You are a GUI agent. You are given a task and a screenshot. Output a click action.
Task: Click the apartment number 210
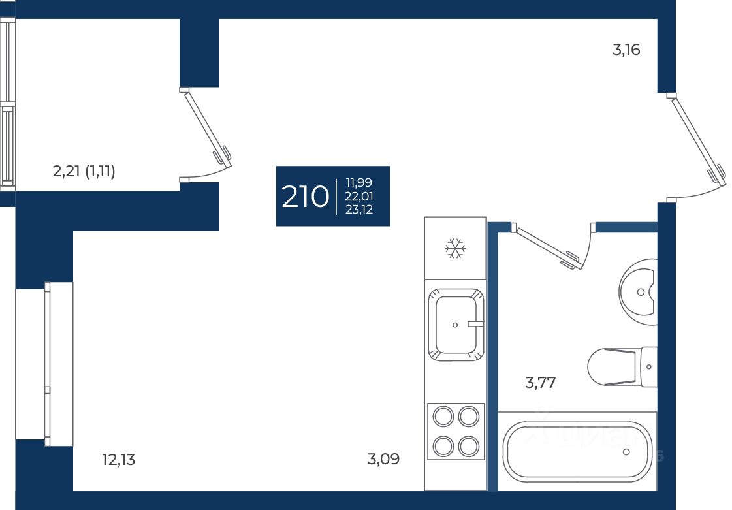(305, 197)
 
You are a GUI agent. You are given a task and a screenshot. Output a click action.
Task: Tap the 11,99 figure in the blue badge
(359, 182)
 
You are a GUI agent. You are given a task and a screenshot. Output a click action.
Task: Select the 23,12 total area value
(359, 210)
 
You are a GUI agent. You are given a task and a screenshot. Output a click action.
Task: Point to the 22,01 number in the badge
(359, 196)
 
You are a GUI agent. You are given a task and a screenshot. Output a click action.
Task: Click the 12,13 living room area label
(119, 460)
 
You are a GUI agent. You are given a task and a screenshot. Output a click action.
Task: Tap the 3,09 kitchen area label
(383, 460)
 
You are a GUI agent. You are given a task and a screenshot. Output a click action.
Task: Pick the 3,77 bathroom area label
(541, 383)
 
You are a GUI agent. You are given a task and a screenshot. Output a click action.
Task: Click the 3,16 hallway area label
(626, 50)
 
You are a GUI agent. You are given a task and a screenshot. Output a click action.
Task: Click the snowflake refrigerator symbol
(455, 249)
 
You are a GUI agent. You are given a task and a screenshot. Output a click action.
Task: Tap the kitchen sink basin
(455, 325)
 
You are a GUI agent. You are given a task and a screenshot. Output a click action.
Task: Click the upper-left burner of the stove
(443, 416)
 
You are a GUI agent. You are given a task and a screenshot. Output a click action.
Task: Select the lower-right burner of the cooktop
(469, 447)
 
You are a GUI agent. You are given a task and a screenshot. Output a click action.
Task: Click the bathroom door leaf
(548, 247)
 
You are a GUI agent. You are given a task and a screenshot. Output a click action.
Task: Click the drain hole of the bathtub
(627, 451)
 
